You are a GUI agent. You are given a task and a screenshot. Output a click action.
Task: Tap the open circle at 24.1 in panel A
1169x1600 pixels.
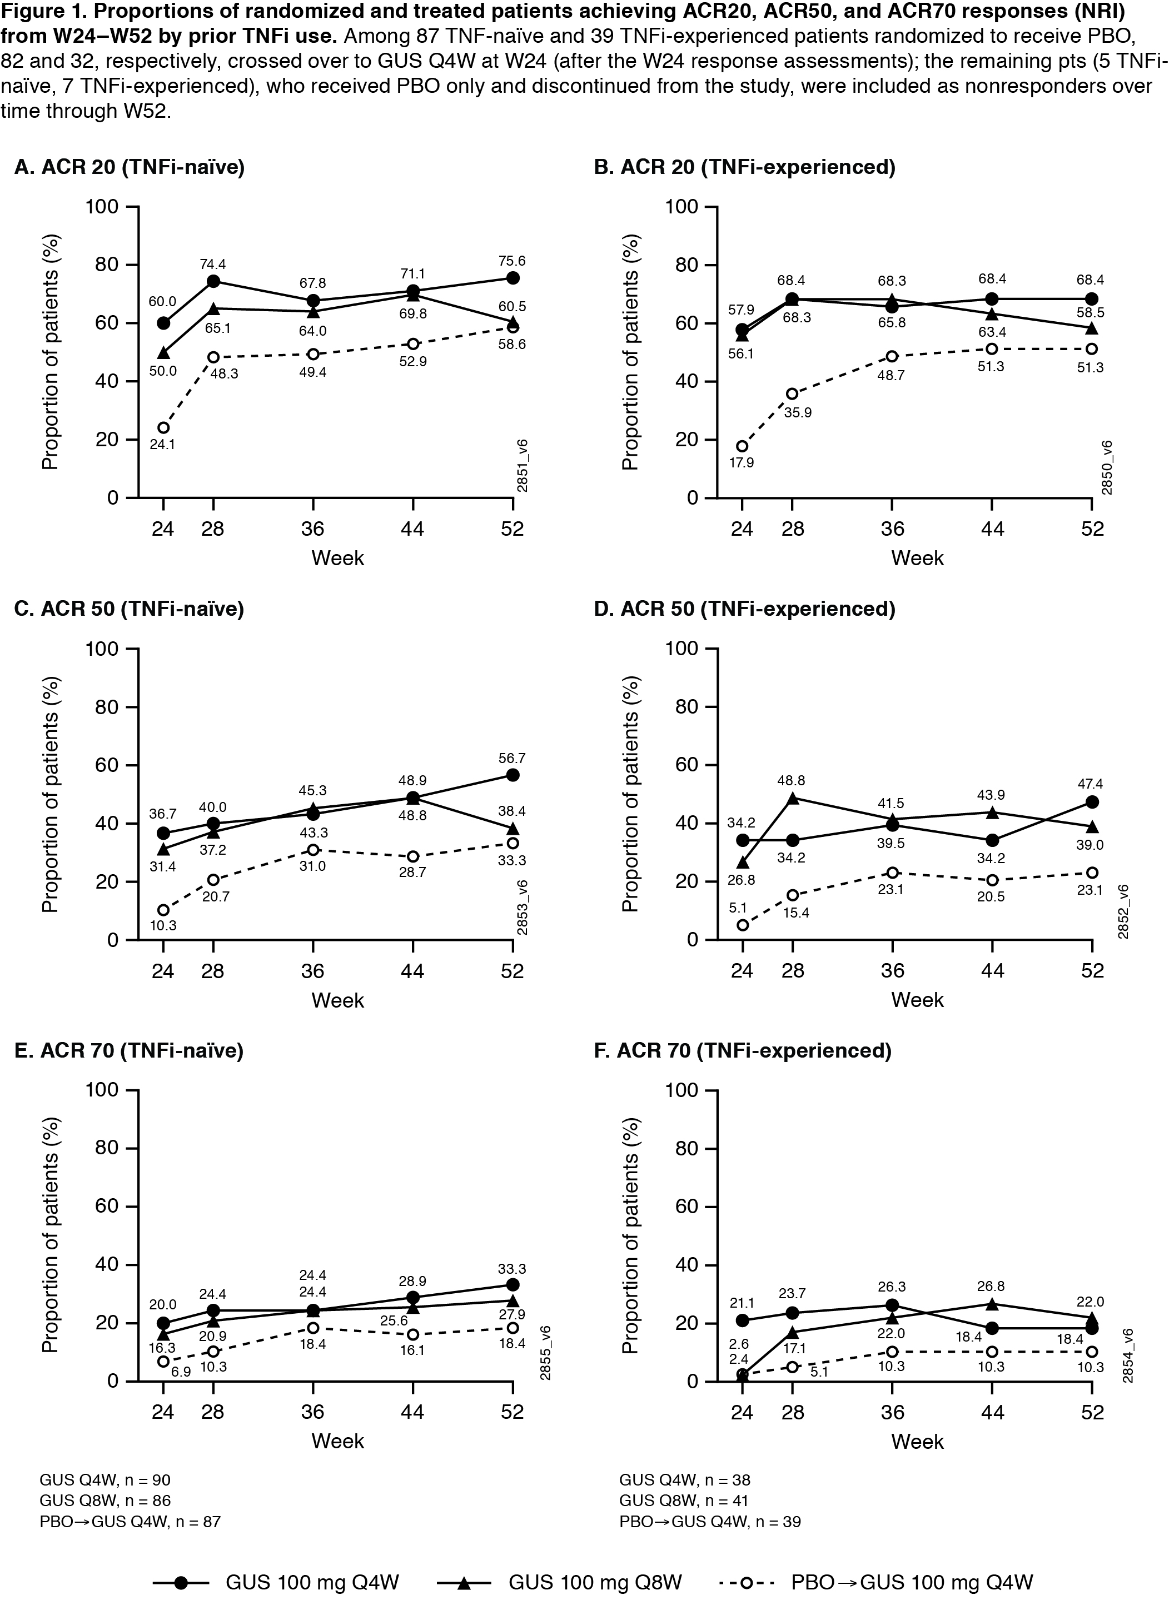[x=163, y=427]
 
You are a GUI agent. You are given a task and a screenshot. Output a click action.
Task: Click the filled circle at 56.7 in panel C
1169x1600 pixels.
[x=513, y=775]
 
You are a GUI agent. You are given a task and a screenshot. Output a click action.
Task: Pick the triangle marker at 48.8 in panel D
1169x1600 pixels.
[x=793, y=798]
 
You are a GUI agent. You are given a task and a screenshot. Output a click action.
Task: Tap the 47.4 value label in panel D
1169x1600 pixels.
[x=1092, y=784]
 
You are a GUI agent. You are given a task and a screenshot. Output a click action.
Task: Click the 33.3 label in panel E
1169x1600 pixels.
[x=513, y=1269]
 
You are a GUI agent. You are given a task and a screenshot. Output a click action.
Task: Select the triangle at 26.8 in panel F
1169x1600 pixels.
[x=992, y=1304]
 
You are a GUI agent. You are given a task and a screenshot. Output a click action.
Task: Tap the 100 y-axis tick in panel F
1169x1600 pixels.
[x=682, y=1090]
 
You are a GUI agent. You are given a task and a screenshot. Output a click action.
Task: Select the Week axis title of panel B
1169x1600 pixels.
[x=917, y=558]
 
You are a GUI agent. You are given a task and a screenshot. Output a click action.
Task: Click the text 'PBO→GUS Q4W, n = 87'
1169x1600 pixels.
[x=130, y=1521]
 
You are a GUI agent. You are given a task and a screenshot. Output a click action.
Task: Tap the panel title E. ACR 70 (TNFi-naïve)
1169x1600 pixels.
[x=129, y=1050]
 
